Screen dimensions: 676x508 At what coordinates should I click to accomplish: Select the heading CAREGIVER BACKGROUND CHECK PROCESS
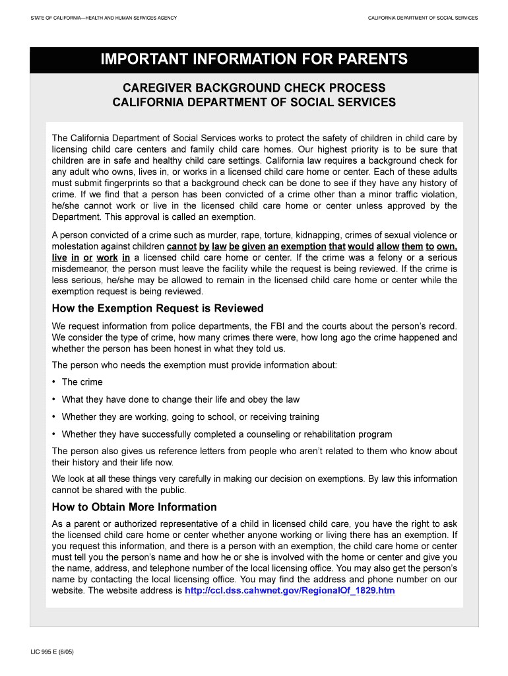pos(254,88)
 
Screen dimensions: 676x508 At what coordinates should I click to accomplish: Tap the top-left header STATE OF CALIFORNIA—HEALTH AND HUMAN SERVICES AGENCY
pos(104,18)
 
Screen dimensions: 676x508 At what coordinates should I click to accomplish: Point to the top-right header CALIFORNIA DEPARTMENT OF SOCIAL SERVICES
pos(423,18)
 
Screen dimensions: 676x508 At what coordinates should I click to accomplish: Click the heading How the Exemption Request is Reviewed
pos(158,308)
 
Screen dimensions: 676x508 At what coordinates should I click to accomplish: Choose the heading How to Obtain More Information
pos(135,507)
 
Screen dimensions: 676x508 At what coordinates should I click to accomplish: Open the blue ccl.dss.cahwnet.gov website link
pos(290,590)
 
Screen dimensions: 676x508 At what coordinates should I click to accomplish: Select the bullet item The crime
pos(82,382)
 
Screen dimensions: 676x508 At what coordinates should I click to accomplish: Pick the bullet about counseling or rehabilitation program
pos(227,434)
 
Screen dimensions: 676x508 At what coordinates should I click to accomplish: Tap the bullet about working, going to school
pos(190,417)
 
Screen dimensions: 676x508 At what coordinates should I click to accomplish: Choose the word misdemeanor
pos(82,269)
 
